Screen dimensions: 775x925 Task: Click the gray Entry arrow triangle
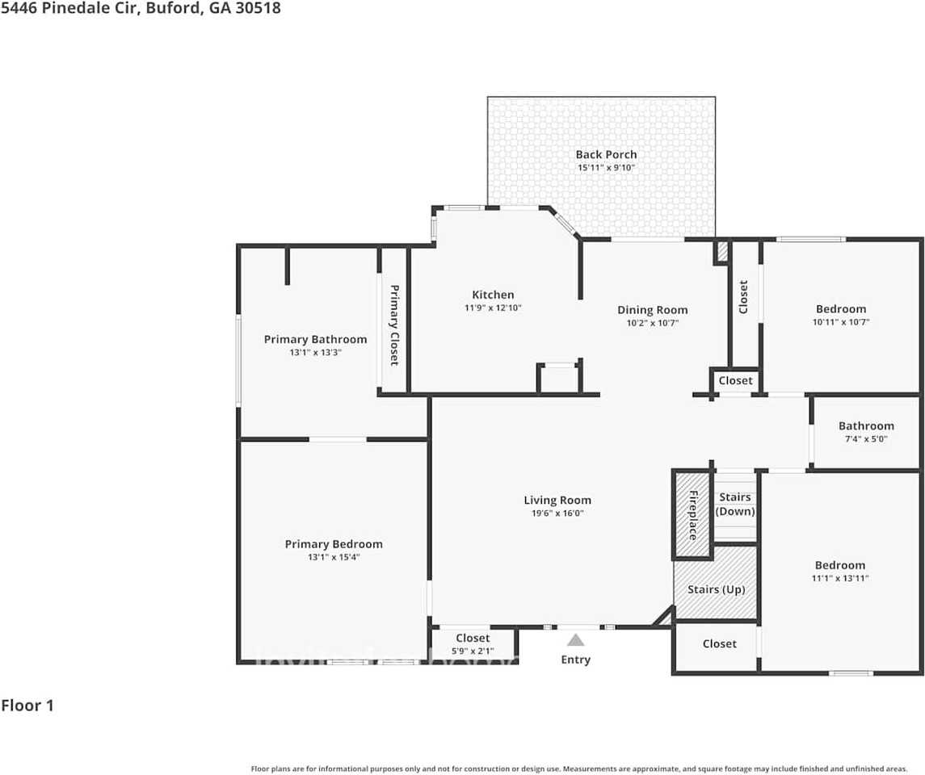(575, 640)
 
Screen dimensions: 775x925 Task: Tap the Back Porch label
(606, 154)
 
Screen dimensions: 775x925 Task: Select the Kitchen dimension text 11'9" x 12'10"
(493, 308)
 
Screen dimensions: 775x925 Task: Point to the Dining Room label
(652, 310)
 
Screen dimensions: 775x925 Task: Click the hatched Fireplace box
(692, 515)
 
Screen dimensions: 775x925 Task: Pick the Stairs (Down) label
(735, 505)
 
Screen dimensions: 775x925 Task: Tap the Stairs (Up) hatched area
(716, 589)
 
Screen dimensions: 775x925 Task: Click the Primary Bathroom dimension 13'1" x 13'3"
(315, 352)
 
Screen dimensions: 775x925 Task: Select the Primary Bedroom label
(334, 544)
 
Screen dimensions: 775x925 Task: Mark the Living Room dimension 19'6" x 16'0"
(557, 513)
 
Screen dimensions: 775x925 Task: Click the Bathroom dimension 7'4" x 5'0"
(866, 438)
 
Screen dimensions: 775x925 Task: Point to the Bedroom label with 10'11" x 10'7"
(840, 308)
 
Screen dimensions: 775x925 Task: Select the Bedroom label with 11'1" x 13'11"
(840, 565)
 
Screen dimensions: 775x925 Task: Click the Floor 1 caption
(27, 706)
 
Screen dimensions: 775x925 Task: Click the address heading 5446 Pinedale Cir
(141, 10)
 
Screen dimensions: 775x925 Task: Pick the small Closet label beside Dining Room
(735, 380)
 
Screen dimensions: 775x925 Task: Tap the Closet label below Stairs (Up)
(719, 643)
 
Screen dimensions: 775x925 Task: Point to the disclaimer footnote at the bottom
(579, 769)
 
